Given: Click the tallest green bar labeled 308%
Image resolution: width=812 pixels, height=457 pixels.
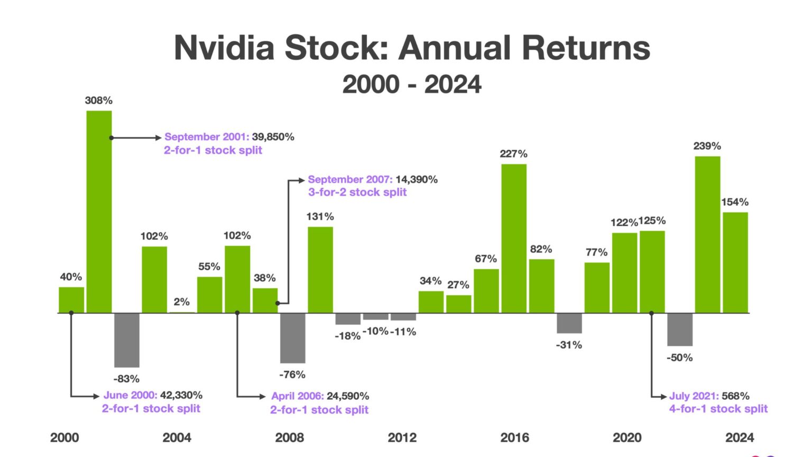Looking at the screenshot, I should pos(99,212).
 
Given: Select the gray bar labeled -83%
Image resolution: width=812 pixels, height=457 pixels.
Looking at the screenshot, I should pos(127,340).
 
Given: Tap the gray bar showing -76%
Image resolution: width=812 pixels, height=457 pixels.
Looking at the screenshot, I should pos(292,338).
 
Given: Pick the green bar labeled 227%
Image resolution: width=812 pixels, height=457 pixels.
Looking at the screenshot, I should pos(514,238).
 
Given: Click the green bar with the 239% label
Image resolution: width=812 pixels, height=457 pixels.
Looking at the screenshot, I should pos(707,234).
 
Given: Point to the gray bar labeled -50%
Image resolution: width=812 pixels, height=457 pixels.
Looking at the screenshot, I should pos(680,330).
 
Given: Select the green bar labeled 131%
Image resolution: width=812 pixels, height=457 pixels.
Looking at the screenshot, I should pos(320,270).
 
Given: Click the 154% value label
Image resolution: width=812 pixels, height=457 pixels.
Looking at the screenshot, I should pos(735,202).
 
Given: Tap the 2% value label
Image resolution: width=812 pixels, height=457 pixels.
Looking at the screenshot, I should pos(181,302).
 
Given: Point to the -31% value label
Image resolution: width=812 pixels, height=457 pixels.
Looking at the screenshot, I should pos(569,345).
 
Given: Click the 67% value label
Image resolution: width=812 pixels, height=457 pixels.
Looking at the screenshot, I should pos(485,259).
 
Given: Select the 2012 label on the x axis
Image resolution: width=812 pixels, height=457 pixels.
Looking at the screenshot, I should pos(402,437).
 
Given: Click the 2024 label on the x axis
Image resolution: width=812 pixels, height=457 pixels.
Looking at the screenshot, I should pos(740,437).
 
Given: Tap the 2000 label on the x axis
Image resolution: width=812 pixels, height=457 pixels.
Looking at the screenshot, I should pos(64,437).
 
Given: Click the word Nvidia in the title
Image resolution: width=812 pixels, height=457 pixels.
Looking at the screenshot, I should pos(224,48).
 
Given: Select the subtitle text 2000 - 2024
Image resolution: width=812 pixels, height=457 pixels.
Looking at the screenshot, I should pos(412,85).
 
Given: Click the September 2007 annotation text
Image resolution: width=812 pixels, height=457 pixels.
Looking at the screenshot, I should pos(350,180).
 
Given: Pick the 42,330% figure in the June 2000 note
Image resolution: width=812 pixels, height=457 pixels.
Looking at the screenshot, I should pos(181,395).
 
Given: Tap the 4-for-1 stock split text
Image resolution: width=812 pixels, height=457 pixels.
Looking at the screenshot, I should pos(718,409).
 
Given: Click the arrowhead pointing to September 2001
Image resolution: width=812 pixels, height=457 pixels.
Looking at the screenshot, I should pos(158,138).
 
